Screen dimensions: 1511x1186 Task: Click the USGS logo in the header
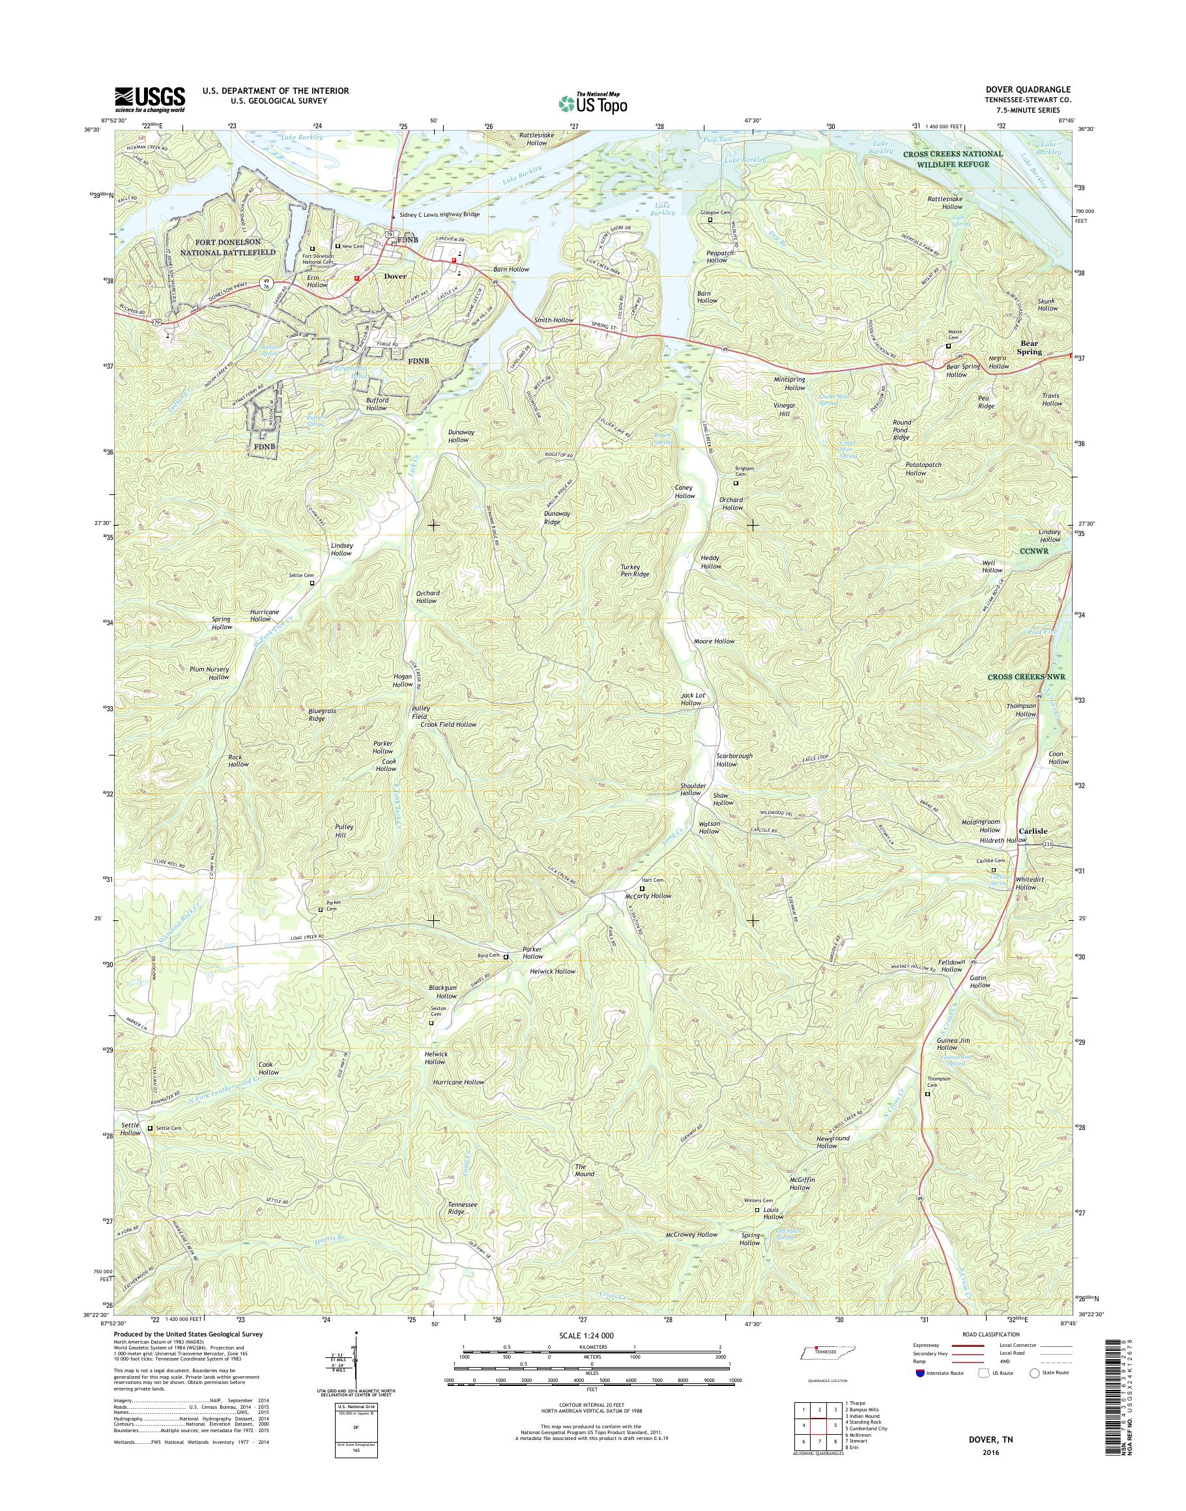click(x=150, y=98)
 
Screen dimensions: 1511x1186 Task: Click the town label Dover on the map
click(x=394, y=275)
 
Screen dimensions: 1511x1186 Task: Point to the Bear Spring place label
click(x=1030, y=348)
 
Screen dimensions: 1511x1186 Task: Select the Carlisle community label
click(x=1034, y=830)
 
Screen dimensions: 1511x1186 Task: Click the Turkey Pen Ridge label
click(x=635, y=571)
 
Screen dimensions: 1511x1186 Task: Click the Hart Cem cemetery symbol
click(x=642, y=888)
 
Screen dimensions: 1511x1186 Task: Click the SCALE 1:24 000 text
click(x=586, y=1335)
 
